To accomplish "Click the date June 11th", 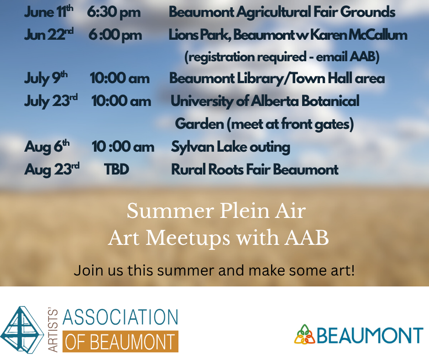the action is click(x=49, y=12).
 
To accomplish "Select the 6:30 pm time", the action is click(x=114, y=13).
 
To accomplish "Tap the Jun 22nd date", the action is click(x=49, y=35).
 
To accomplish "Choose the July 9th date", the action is click(x=46, y=78).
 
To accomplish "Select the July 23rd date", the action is click(x=51, y=101).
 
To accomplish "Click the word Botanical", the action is click(x=330, y=101).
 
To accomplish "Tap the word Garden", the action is click(x=199, y=124).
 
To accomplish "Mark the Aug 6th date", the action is click(x=47, y=146).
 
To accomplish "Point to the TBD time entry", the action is click(x=116, y=169).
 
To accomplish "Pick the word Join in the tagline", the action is click(x=88, y=270).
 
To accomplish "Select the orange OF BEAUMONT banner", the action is click(x=120, y=341).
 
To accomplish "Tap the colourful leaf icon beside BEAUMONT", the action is click(x=305, y=334).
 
